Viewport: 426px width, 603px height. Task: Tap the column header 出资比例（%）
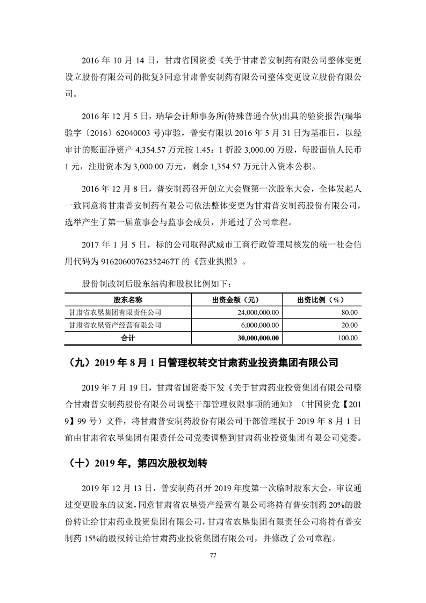(321, 299)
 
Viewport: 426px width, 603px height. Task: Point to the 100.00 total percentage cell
(348, 338)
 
